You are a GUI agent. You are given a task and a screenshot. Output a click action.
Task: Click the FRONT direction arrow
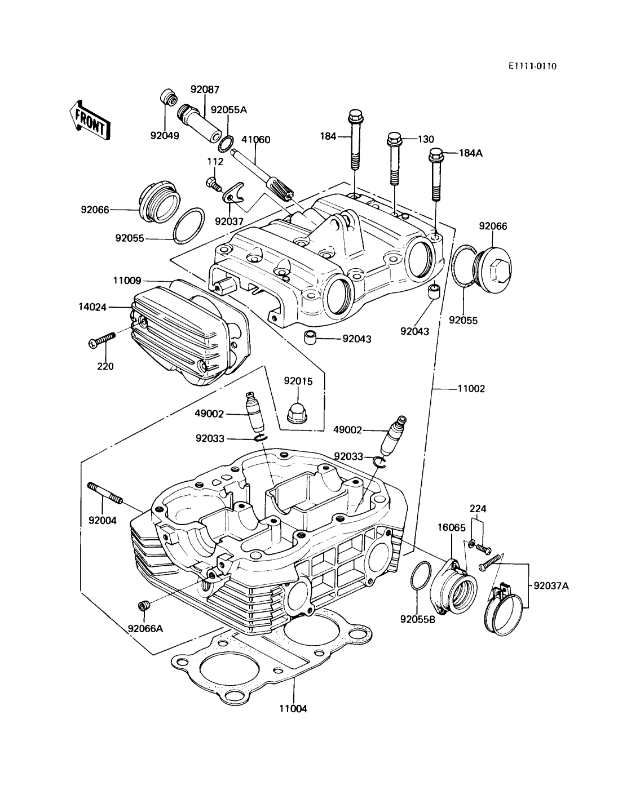click(90, 121)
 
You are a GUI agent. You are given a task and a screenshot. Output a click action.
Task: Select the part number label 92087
click(205, 90)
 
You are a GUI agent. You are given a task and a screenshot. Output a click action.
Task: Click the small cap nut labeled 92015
click(297, 414)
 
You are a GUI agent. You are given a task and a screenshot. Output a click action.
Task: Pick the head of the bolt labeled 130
click(394, 140)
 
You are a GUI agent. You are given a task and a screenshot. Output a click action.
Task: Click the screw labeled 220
click(103, 339)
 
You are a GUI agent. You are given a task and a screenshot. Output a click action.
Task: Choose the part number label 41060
click(255, 140)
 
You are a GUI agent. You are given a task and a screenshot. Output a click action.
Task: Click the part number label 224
click(478, 509)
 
